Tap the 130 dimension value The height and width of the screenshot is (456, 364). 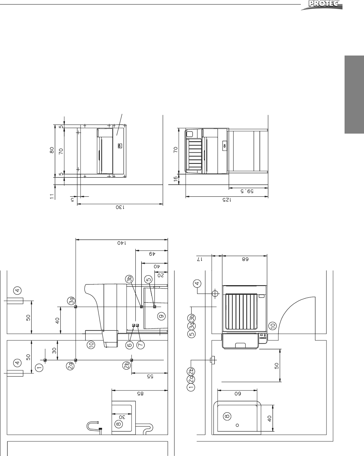(120, 207)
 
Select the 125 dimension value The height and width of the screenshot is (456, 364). (227, 200)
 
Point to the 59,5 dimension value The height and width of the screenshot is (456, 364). (247, 191)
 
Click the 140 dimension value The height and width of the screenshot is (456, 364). (122, 243)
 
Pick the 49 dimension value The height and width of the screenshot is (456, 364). (152, 254)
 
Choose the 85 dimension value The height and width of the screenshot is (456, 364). (140, 394)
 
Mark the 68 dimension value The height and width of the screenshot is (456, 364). (245, 259)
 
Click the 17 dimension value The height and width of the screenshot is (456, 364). (200, 259)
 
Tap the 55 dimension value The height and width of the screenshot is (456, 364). (150, 376)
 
